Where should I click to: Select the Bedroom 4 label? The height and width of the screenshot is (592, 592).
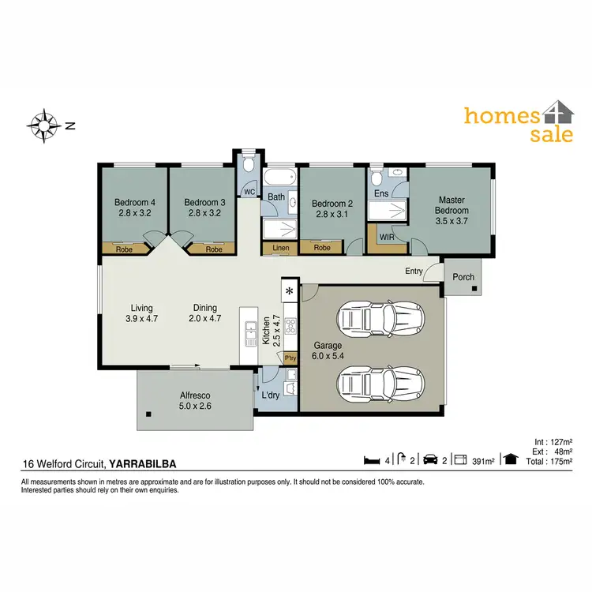pyautogui.click(x=134, y=208)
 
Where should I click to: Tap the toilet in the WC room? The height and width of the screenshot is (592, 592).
pyautogui.click(x=249, y=165)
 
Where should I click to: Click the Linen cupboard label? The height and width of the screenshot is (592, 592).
pyautogui.click(x=280, y=248)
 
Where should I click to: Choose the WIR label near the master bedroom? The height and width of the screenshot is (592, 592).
pyautogui.click(x=387, y=237)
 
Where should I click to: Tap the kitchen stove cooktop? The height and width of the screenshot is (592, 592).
pyautogui.click(x=290, y=326)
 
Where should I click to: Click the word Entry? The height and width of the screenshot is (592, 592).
pyautogui.click(x=414, y=272)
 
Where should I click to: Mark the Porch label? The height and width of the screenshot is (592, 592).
pyautogui.click(x=463, y=277)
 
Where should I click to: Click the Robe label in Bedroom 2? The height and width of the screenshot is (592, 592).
pyautogui.click(x=321, y=248)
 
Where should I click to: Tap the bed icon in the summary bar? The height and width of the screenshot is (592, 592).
pyautogui.click(x=371, y=459)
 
